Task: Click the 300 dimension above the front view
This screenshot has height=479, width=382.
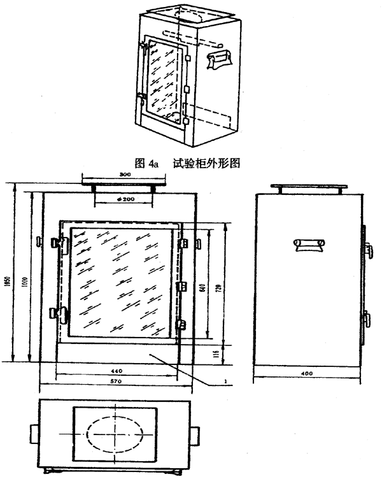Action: point(124,173)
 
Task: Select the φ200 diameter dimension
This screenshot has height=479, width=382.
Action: point(124,199)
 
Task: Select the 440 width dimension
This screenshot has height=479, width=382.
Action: point(117,369)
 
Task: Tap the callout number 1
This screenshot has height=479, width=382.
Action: point(227,383)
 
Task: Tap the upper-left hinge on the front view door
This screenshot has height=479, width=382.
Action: point(64,243)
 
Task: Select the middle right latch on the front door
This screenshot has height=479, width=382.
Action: point(183,284)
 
